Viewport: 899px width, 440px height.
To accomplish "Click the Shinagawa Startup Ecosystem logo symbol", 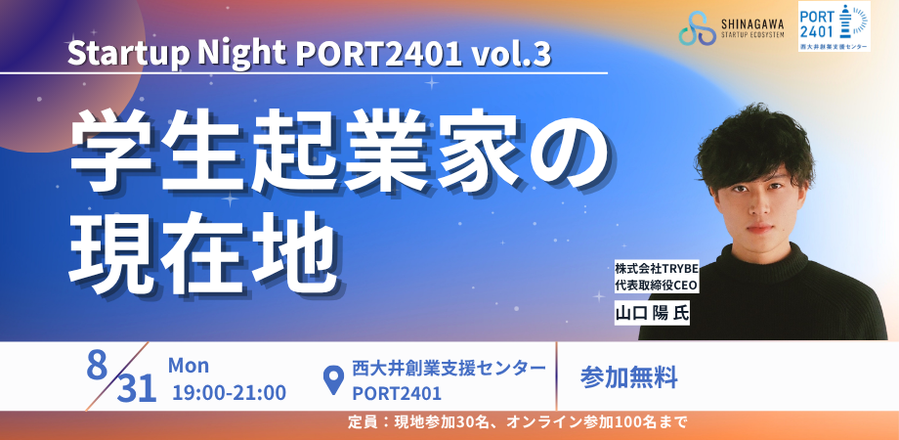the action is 697,27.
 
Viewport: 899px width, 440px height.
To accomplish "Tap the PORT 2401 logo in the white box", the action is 835,26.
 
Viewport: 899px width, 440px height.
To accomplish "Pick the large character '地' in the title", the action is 292,253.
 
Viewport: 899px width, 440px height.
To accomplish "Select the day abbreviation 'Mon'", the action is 189,366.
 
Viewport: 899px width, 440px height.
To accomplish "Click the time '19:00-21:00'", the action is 230,393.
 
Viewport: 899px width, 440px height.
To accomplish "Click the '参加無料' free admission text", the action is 629,377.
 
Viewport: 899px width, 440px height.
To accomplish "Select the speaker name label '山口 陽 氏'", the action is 652,313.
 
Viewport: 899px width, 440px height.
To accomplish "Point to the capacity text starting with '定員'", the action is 516,423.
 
